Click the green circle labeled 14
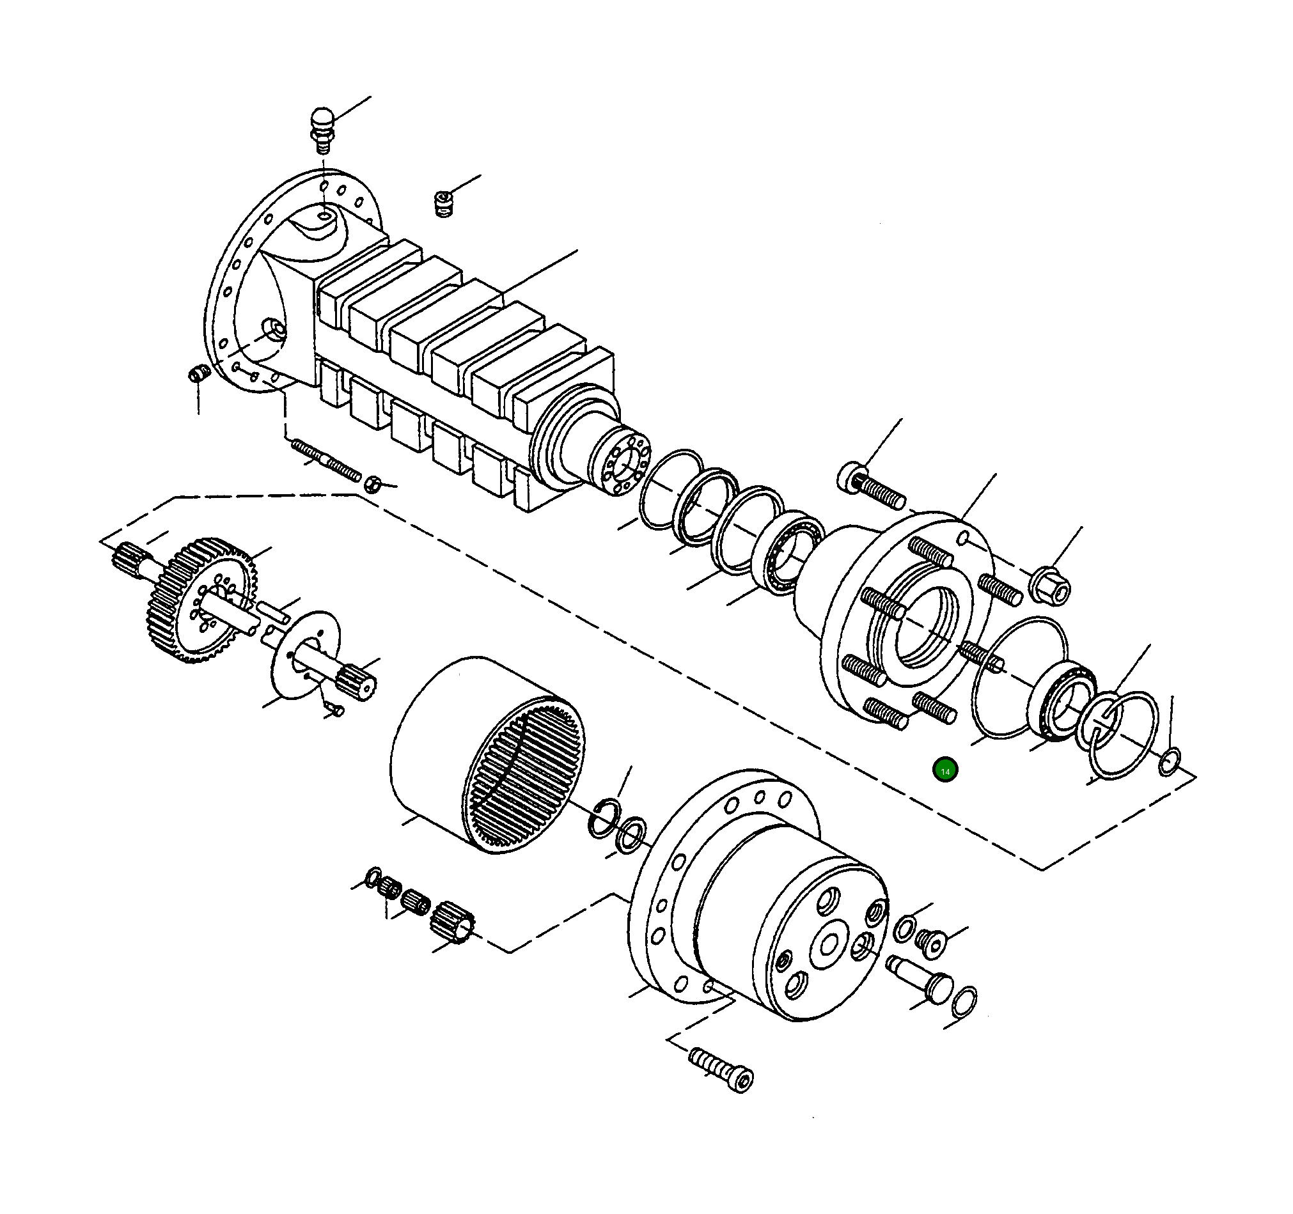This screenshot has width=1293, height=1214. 944,771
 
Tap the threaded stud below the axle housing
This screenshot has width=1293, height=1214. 325,459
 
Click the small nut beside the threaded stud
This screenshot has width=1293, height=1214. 372,484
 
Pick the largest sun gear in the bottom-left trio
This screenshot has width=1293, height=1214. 453,921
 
